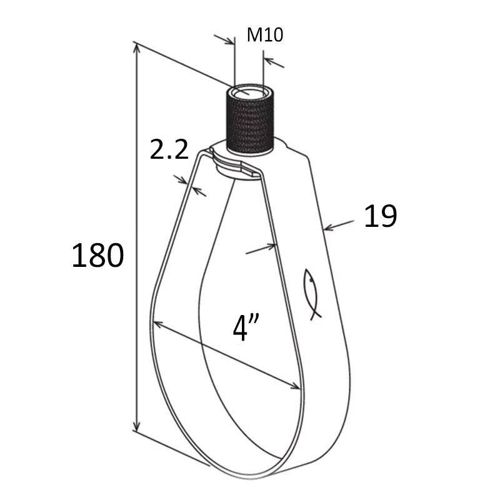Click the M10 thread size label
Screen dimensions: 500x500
pos(264,35)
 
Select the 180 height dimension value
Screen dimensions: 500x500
pos(97,256)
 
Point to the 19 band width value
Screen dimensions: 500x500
pos(381,216)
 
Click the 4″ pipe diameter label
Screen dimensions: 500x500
pos(246,327)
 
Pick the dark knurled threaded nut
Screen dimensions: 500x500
pos(251,121)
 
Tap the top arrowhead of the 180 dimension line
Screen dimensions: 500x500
pos(136,49)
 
